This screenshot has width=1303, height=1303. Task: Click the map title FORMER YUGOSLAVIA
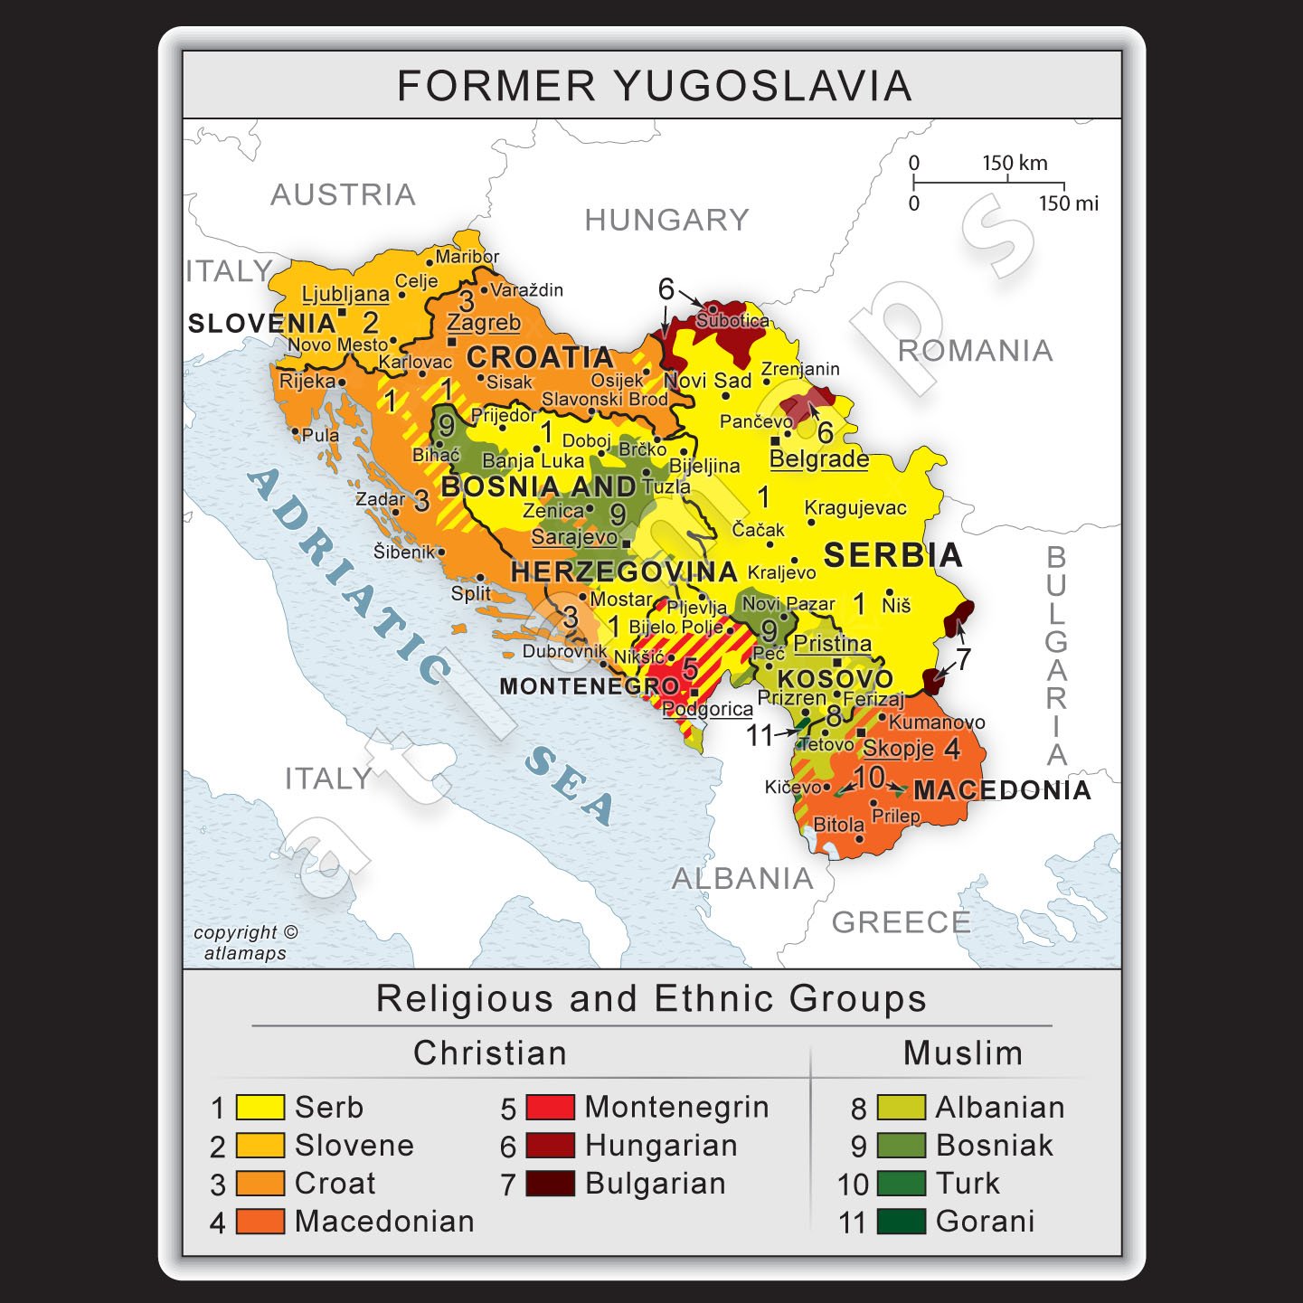[653, 86]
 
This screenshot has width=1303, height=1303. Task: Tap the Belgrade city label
[818, 458]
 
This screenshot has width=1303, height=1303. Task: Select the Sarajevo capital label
[573, 536]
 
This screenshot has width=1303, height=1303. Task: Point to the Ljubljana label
[345, 294]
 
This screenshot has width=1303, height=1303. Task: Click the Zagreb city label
[484, 323]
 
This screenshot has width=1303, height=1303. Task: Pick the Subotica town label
[732, 320]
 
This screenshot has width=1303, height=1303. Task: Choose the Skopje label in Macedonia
[897, 748]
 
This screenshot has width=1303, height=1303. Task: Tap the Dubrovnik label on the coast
[564, 651]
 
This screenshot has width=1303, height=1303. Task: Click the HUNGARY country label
[666, 220]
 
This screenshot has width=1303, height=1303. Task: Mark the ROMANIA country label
[975, 351]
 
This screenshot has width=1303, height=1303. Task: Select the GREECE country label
[901, 922]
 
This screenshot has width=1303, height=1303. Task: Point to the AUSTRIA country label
[343, 194]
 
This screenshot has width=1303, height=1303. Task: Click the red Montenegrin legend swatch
[550, 1107]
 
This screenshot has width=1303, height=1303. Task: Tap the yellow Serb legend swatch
[260, 1107]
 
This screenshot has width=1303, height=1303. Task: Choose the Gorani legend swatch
[901, 1222]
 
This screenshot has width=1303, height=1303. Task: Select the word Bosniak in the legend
[994, 1146]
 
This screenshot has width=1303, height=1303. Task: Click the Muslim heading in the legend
[962, 1053]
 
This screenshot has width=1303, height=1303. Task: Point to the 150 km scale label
[1015, 164]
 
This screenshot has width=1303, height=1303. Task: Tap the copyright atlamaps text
[244, 942]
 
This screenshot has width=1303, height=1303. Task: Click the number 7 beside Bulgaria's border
[964, 659]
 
